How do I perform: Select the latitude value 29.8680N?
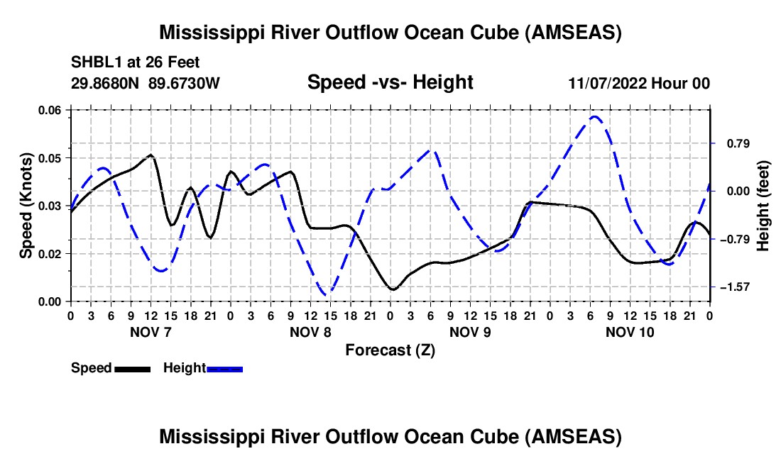(x=105, y=83)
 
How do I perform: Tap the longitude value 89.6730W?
(x=184, y=83)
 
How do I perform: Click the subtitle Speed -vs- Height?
(x=390, y=82)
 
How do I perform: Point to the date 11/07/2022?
(x=608, y=83)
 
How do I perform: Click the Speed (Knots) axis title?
(x=26, y=206)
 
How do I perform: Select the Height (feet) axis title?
(x=763, y=206)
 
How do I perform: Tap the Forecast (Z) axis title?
(x=390, y=350)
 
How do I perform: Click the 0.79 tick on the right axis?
(x=738, y=144)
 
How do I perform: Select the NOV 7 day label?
(x=151, y=332)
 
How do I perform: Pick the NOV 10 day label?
(x=630, y=332)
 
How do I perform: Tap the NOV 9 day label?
(x=470, y=332)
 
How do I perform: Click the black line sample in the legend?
(x=132, y=370)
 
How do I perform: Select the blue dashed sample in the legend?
(x=224, y=370)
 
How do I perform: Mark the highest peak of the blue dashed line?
(x=594, y=117)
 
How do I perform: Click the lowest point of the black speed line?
(x=393, y=289)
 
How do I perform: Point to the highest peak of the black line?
(x=151, y=155)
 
